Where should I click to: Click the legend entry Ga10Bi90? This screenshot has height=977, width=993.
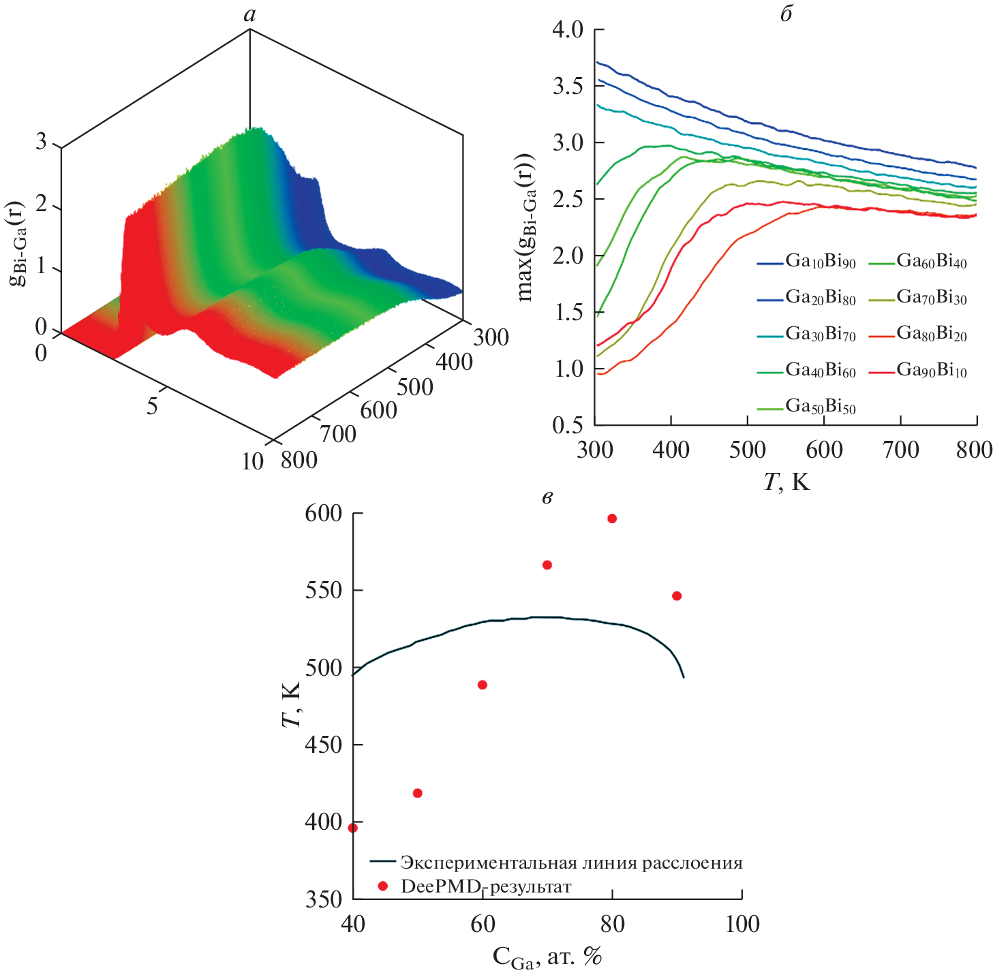pyautogui.click(x=820, y=262)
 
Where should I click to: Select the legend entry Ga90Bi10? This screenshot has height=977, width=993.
pyautogui.click(x=931, y=371)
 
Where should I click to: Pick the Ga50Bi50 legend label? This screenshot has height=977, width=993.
pyautogui.click(x=820, y=407)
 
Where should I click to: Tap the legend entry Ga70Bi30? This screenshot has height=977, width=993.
pyautogui.click(x=931, y=298)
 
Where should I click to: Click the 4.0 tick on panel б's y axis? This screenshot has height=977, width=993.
pyautogui.click(x=568, y=30)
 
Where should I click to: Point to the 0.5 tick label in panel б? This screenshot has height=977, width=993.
pyautogui.click(x=568, y=425)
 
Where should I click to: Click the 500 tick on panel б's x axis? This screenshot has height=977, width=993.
pyautogui.click(x=748, y=450)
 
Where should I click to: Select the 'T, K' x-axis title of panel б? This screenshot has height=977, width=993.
pyautogui.click(x=786, y=482)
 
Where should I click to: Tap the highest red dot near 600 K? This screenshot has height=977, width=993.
pyautogui.click(x=612, y=518)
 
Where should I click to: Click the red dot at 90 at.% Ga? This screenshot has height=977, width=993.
pyautogui.click(x=677, y=596)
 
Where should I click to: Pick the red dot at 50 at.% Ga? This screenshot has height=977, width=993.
pyautogui.click(x=418, y=793)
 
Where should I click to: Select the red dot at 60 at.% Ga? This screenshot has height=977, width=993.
pyautogui.click(x=483, y=685)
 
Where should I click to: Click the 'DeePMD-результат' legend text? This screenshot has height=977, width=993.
pyautogui.click(x=486, y=886)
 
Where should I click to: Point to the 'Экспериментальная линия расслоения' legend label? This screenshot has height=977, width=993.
pyautogui.click(x=571, y=863)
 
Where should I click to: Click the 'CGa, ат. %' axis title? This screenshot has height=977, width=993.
pyautogui.click(x=547, y=958)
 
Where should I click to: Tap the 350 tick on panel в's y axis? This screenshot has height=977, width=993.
pyautogui.click(x=324, y=899)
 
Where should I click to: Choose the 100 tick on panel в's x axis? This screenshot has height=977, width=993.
pyautogui.click(x=742, y=925)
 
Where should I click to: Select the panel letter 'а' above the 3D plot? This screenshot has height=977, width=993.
pyautogui.click(x=250, y=14)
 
